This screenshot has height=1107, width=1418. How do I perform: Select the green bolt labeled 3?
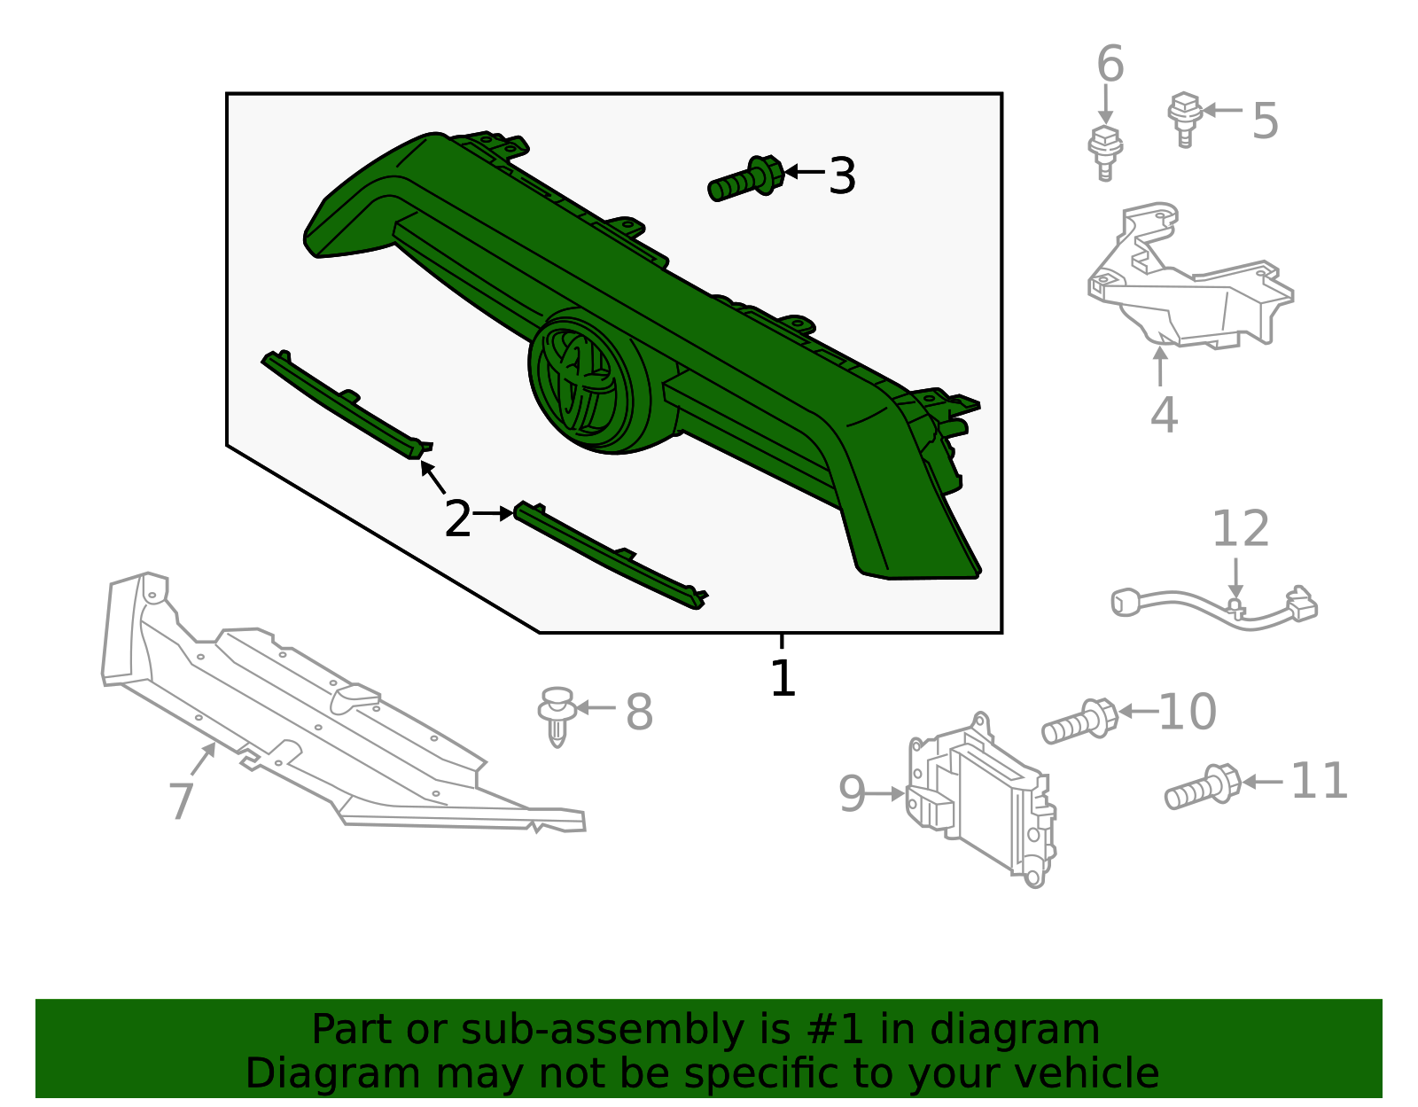coord(746,179)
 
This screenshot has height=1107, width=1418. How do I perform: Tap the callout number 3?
coord(842,176)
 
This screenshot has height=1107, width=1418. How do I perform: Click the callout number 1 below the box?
coord(783,678)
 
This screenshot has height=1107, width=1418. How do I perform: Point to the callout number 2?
coord(457,519)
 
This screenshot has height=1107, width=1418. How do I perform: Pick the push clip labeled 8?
coord(557,715)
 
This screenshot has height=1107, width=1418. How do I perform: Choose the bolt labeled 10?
coord(1080,721)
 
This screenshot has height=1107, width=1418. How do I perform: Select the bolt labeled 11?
coord(1203,787)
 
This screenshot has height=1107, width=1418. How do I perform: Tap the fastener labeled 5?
coord(1185,120)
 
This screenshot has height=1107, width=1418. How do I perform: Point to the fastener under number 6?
coord(1105,153)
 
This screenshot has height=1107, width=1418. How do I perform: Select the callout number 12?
coord(1241,529)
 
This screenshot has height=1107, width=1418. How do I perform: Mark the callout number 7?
coord(181,800)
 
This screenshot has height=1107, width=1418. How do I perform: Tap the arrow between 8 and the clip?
coord(596,708)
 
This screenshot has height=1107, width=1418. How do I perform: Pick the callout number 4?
coord(1165,415)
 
